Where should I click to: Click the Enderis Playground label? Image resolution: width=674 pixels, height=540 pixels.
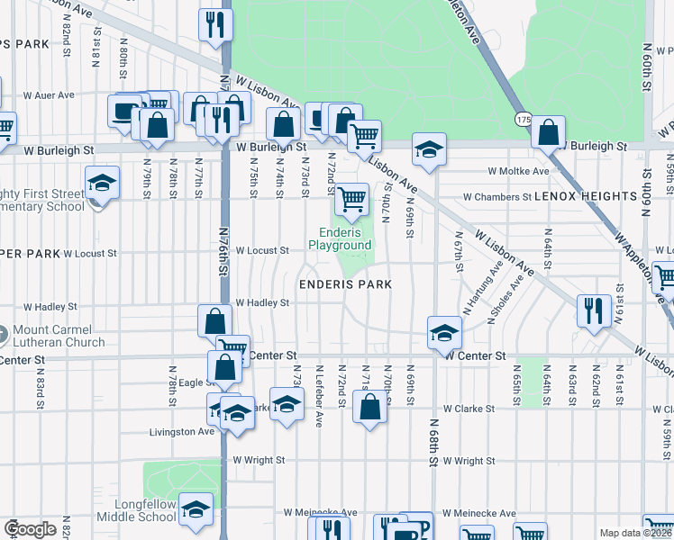coord(340,238)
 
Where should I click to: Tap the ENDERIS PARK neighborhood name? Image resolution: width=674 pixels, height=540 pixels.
coord(346,284)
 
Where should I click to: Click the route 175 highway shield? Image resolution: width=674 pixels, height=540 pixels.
coord(524,120)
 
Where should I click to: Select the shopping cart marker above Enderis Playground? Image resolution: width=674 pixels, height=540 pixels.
coord(351,198)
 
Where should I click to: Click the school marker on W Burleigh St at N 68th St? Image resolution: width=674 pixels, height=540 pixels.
coord(430,148)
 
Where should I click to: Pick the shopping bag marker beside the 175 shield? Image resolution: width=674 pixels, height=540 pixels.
coord(548,132)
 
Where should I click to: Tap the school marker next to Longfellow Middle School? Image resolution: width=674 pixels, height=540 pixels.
coord(195,509)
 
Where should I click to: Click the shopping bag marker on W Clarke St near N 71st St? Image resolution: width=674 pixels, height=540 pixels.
coord(370,408)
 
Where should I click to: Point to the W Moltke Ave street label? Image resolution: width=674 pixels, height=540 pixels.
coord(518,171)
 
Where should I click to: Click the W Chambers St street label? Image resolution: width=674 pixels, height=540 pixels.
coord(497,197)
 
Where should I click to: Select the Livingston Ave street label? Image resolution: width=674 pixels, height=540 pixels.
coord(181,432)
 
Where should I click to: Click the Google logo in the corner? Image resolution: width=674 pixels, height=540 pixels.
coord(30,529)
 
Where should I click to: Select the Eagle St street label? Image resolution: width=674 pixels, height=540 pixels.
coord(195,383)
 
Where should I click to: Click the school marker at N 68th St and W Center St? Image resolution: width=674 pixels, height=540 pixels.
coord(444,332)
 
